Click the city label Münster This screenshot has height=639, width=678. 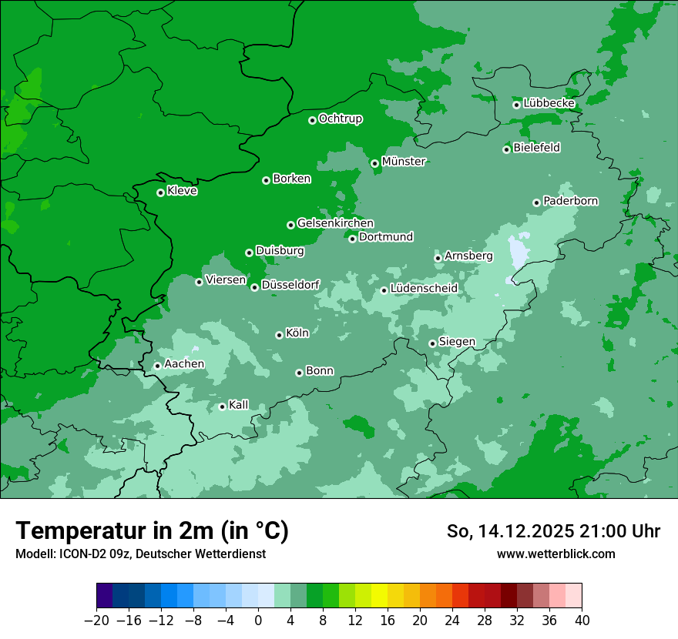pos(404,162)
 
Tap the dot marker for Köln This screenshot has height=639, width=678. pos(279,335)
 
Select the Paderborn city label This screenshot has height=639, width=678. pos(570,201)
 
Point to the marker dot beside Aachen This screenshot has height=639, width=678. pos(157,366)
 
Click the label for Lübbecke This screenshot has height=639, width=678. pos(549,103)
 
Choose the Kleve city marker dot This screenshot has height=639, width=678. pos(160,192)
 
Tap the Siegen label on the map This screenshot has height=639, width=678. pos(457,342)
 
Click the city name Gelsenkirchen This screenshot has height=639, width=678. pos(335,223)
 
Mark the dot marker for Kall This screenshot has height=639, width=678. pos(222,406)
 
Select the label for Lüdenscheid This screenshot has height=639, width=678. pos(424,289)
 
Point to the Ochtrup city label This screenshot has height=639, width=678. pos(340,119)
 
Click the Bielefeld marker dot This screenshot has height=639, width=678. pos(506,149)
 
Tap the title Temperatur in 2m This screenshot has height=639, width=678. pos(152,530)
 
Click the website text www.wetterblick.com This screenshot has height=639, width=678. pos(555,554)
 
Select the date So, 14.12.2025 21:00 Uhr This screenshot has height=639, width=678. pos(553,531)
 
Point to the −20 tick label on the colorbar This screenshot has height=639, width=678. pos(96,621)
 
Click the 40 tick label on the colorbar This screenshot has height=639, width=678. pos(582,621)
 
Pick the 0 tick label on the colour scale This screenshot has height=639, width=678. pos(258,621)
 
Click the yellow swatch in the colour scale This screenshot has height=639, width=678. pos(379,596)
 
